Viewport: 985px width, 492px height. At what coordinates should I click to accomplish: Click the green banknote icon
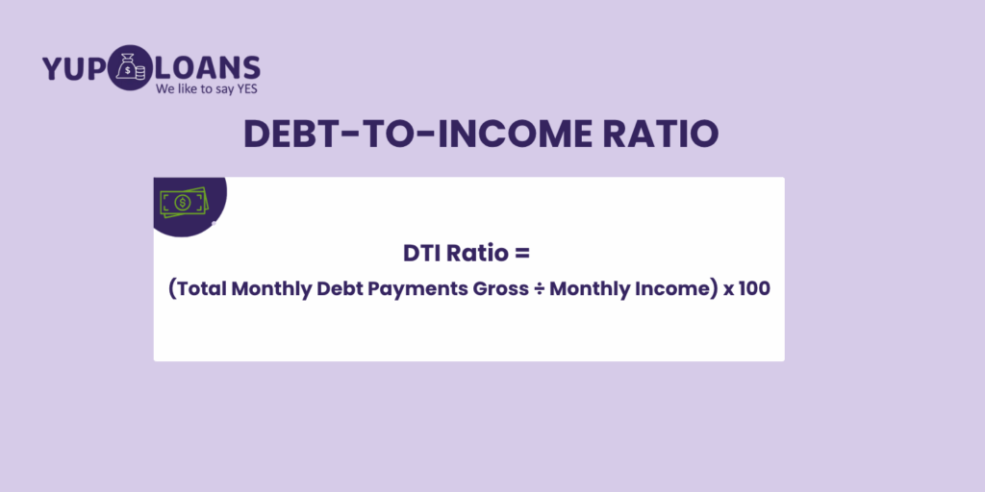point(183,203)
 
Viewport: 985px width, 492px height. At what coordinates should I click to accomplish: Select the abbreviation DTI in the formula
point(422,254)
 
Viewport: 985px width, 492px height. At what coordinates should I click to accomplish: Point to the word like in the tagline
point(185,88)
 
